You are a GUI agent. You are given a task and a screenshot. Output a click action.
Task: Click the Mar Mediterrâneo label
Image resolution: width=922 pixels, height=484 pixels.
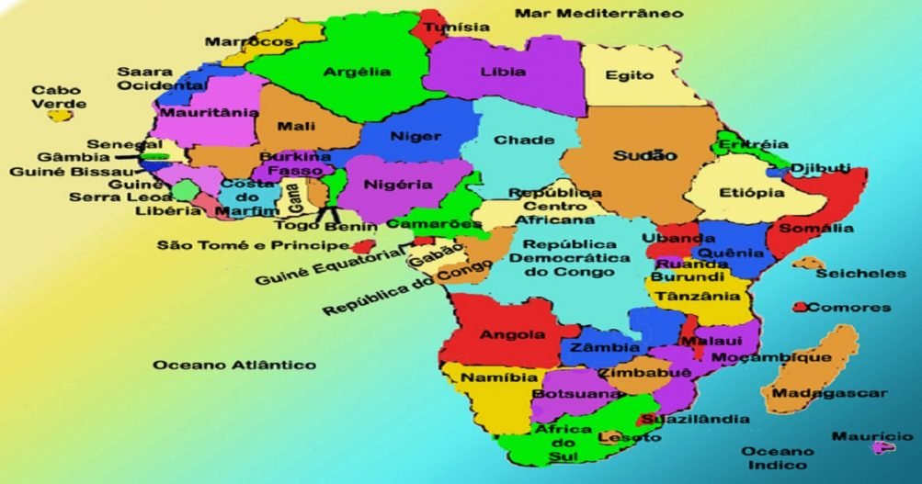598,13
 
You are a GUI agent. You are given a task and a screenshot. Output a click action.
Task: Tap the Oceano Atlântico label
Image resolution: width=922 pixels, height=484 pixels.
234,365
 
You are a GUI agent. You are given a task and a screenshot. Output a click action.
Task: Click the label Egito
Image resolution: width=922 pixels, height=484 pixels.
630,76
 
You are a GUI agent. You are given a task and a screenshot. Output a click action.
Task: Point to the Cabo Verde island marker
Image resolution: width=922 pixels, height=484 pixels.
60,116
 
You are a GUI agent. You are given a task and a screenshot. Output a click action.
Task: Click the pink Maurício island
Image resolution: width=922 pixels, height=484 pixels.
883,447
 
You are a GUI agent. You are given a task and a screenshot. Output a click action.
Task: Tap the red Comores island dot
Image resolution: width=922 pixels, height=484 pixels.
801,307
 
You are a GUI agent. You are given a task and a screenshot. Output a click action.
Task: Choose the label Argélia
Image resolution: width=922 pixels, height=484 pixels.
357,72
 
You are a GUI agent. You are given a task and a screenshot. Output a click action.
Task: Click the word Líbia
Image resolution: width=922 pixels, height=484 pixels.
503,72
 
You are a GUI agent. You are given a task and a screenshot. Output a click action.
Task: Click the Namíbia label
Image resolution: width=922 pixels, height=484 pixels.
486,377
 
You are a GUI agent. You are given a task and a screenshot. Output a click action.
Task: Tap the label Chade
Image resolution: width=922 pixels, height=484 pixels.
524,141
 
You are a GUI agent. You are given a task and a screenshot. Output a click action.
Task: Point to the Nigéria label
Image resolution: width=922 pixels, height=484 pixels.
398,184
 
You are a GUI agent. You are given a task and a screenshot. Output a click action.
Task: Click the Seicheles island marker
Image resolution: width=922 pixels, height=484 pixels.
807,264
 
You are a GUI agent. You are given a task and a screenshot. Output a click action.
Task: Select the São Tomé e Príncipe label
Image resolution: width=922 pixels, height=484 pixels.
253,245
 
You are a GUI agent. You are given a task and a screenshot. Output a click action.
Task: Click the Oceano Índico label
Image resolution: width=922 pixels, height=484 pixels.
778,456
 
